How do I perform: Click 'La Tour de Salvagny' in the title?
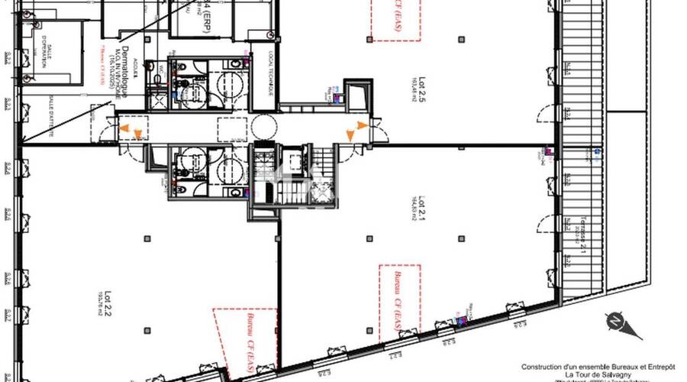(587, 374)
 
